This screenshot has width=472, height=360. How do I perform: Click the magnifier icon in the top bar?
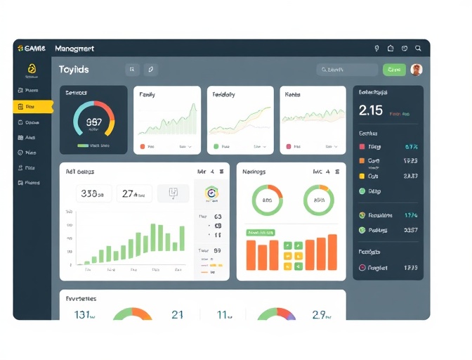pos(418,49)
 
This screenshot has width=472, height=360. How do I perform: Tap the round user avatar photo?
pos(417,70)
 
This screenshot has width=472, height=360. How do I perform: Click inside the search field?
pos(347,70)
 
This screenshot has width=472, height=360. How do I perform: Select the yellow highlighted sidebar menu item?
pos(32,106)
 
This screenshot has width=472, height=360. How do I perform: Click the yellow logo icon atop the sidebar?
pos(32,69)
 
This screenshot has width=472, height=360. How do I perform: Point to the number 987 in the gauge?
pos(93,122)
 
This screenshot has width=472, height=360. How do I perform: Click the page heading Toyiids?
pos(74,70)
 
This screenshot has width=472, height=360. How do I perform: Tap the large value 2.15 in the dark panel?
pos(370,110)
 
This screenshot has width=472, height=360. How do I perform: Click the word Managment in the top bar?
pos(70,49)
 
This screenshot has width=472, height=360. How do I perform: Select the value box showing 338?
pos(93,193)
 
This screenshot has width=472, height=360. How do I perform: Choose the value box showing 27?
pos(133,193)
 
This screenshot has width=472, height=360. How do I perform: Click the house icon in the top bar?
pos(391,49)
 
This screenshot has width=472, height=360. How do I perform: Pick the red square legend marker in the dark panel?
pos(362,147)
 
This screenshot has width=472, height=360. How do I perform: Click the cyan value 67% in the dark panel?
pos(411,147)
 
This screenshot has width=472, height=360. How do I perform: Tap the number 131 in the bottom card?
pos(84,315)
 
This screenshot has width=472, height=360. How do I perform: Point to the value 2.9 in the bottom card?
pos(320,315)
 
